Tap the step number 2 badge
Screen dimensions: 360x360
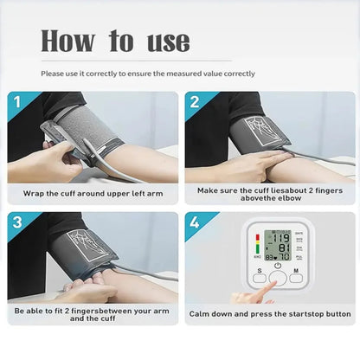(x=195, y=103)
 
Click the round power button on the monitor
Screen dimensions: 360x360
(x=276, y=268)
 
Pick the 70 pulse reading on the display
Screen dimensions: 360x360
(x=283, y=256)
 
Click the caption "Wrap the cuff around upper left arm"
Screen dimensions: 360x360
(x=93, y=193)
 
